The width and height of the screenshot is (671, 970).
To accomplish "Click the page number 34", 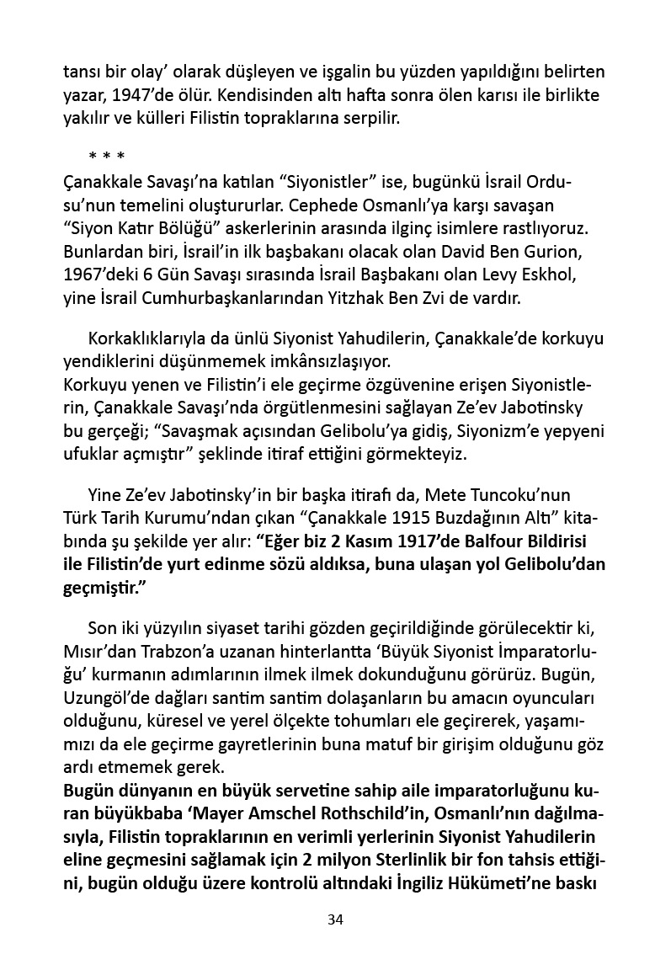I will [x=335, y=919].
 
